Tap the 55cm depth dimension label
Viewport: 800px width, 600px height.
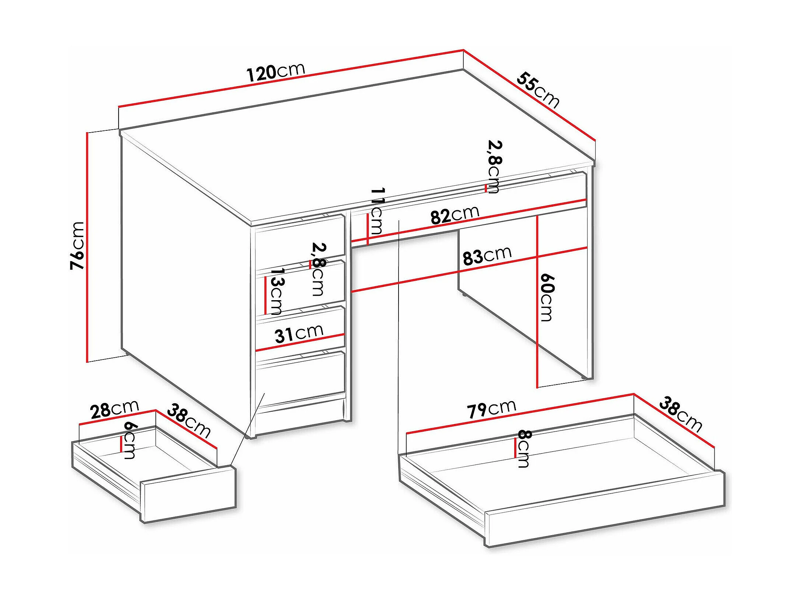click(x=538, y=90)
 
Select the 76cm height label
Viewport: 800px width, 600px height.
click(x=78, y=246)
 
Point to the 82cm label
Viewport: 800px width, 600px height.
click(x=455, y=215)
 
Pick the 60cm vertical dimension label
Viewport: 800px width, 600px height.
click(x=547, y=297)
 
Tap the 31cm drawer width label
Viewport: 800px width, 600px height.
click(x=299, y=334)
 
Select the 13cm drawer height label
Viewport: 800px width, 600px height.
click(x=277, y=291)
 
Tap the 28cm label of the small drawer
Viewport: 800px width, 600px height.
click(x=115, y=409)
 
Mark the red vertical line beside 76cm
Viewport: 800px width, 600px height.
click(x=87, y=247)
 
